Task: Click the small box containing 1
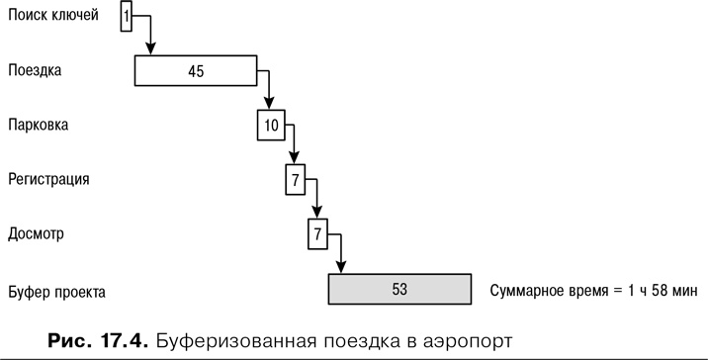(128, 17)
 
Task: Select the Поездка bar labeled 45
(196, 71)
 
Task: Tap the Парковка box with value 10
(272, 126)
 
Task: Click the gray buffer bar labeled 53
(399, 290)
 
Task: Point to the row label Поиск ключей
(53, 16)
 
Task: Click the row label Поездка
(35, 71)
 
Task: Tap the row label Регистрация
(49, 180)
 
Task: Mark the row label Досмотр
(36, 234)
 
